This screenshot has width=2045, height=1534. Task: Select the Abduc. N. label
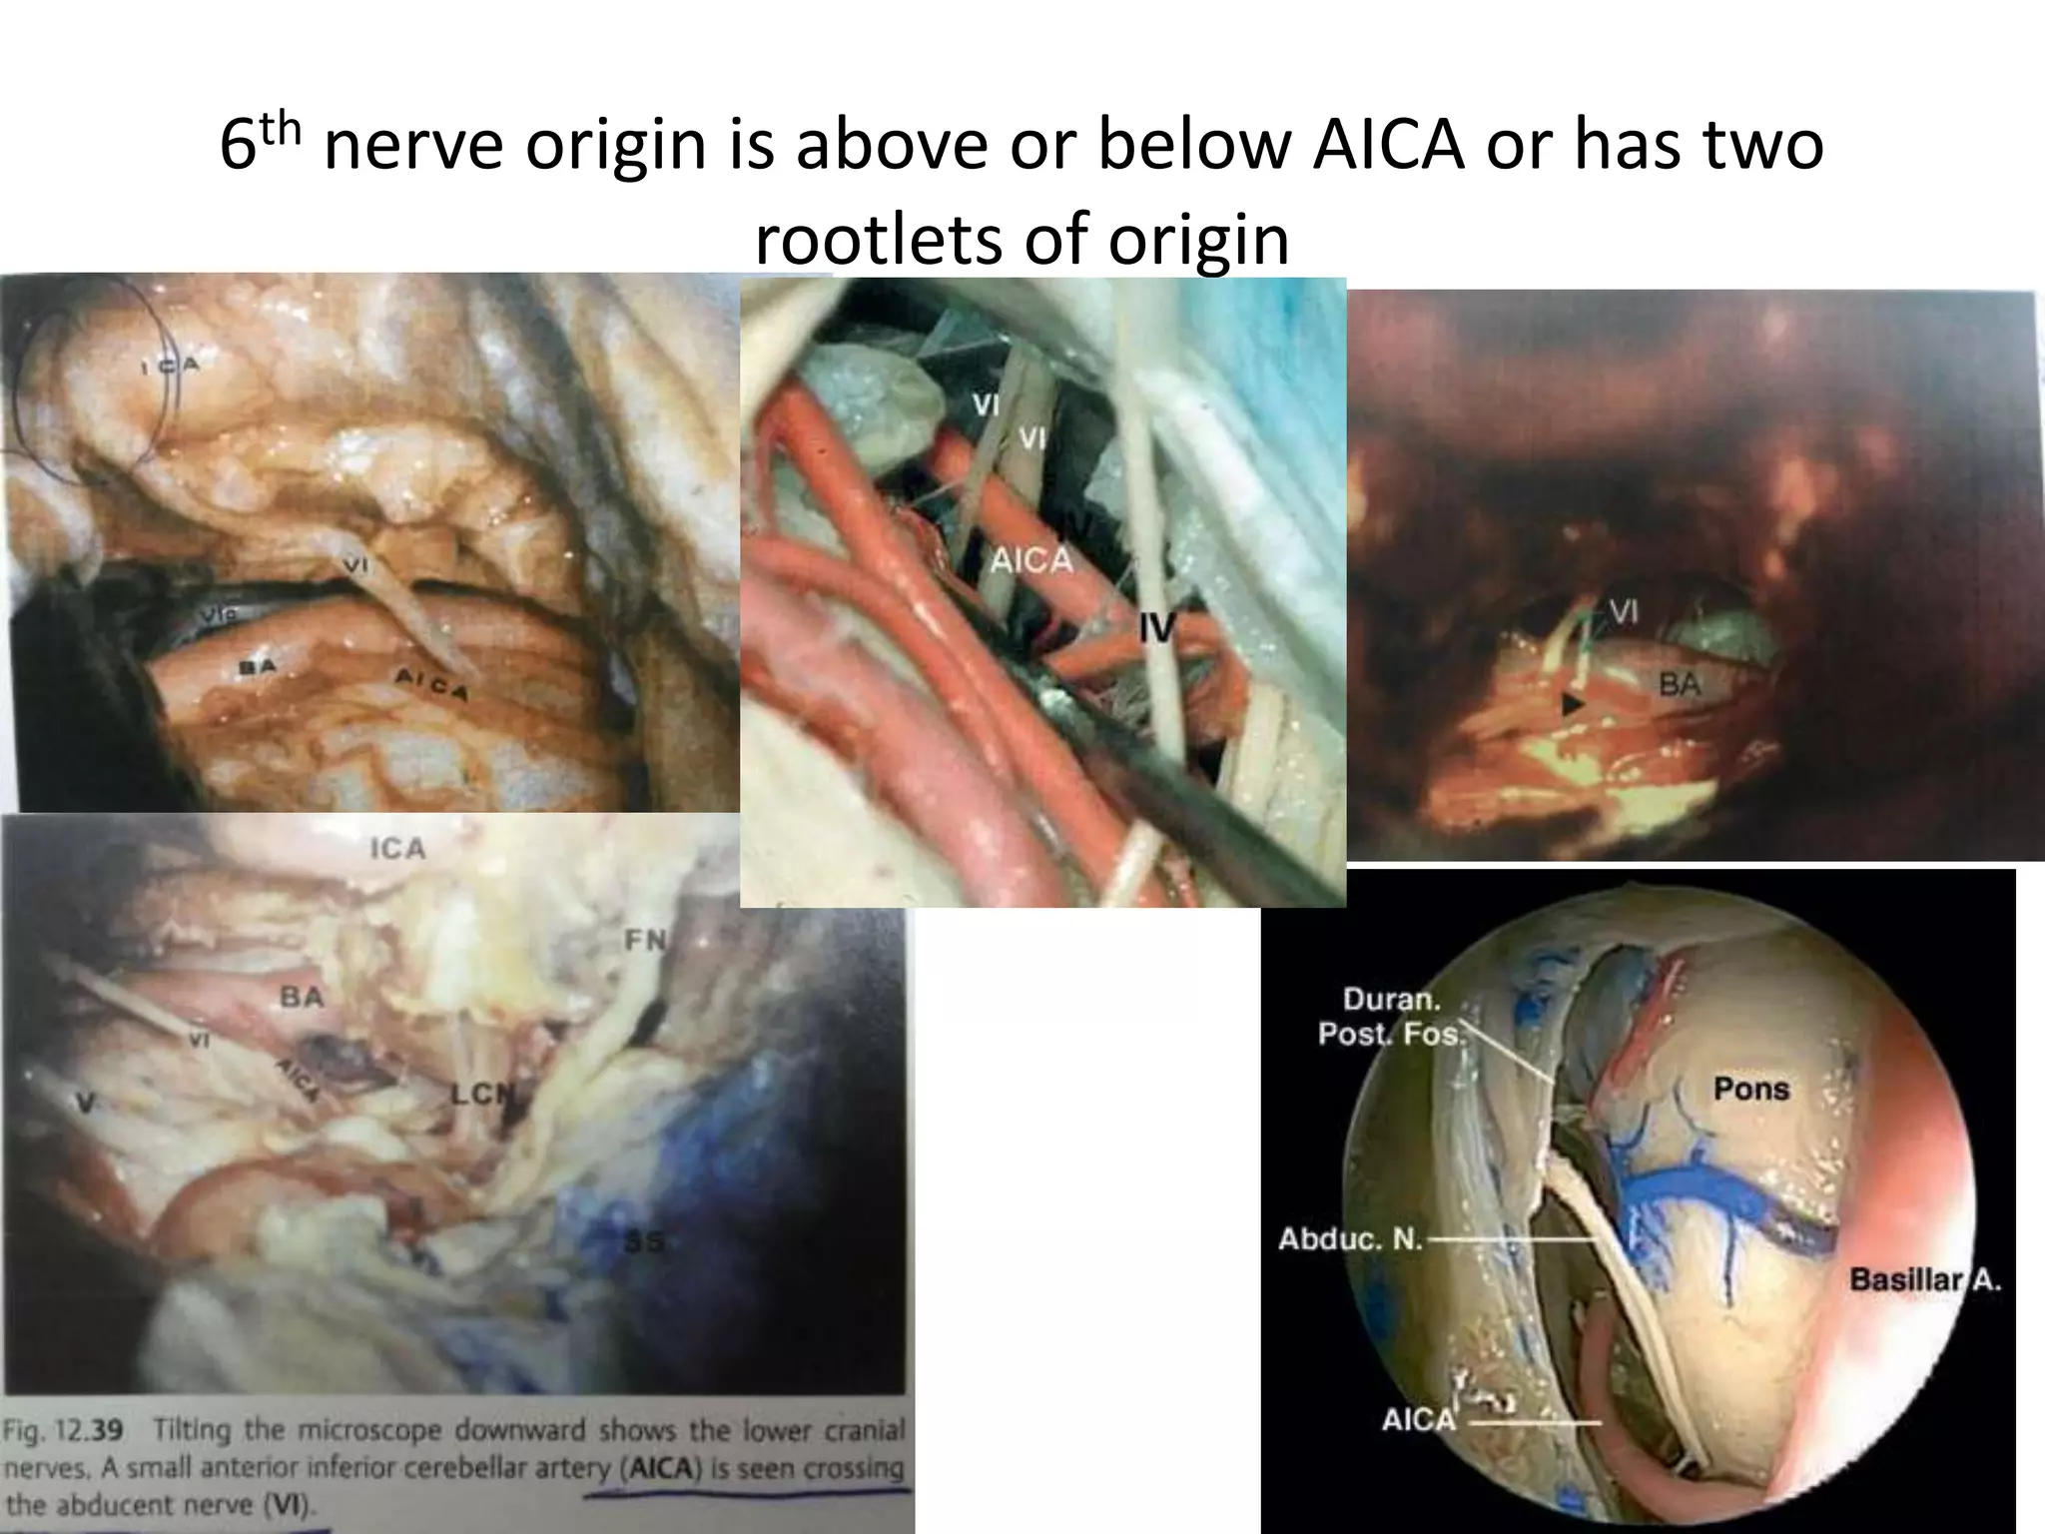[1351, 1239]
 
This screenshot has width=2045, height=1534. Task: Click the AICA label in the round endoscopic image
[1418, 1419]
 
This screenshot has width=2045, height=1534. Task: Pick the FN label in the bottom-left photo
[645, 940]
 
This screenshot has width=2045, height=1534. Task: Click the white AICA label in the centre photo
[1030, 560]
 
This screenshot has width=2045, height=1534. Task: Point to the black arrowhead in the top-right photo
[1572, 705]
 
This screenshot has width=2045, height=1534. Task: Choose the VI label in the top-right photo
[1623, 612]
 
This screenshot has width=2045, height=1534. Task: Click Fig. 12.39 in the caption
[63, 1430]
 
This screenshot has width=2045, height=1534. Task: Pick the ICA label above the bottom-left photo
[397, 849]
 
